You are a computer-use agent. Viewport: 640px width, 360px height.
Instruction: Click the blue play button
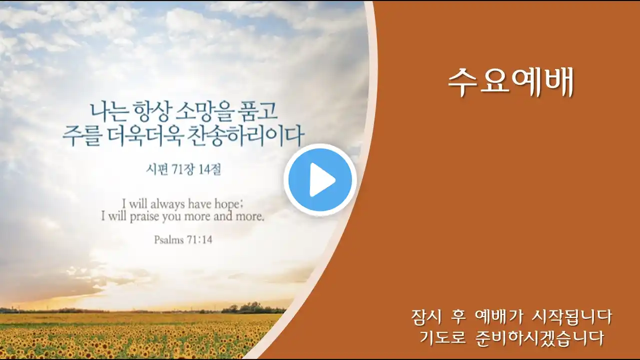coord(320,179)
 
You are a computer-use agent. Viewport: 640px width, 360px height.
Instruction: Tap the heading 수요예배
coord(511,82)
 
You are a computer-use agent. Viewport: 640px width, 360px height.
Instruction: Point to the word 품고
coord(257,111)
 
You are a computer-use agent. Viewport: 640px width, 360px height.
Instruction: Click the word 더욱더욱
coord(145,135)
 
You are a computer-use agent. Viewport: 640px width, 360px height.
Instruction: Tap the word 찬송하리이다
coord(245,135)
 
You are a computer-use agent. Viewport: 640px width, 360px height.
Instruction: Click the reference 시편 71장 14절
coord(183,169)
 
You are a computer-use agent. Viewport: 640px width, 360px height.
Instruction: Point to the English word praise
coord(144,217)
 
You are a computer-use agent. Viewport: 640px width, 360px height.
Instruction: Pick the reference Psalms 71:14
coord(183,239)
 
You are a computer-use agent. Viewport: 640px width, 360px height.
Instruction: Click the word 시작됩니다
coord(572,317)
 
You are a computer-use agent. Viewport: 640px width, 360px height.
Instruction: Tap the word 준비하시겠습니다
coord(539,338)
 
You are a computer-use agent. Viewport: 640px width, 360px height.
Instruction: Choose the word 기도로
coord(443,338)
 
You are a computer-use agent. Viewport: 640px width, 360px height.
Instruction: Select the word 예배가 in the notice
coord(498,317)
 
